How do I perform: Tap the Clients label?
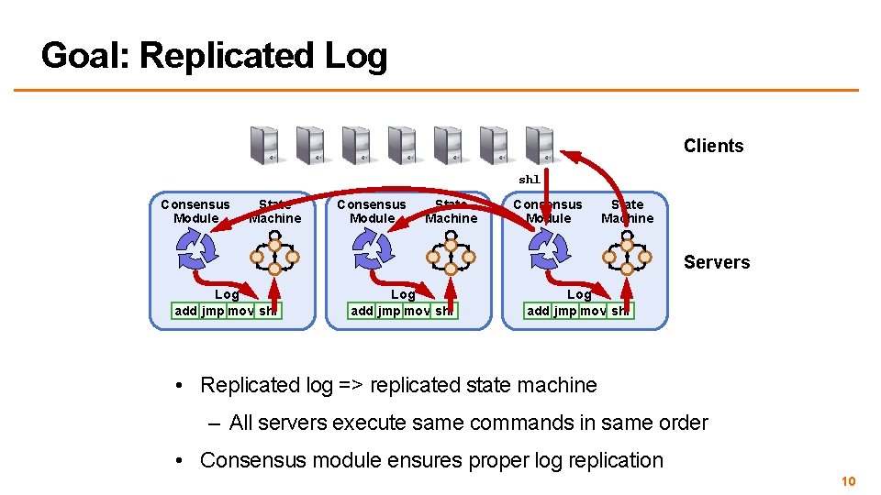click(713, 146)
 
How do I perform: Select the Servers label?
click(716, 262)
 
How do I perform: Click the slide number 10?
click(848, 481)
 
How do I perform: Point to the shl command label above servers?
click(530, 180)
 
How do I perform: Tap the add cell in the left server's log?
click(185, 311)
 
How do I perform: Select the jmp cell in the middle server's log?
click(388, 311)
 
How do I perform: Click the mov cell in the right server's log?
click(593, 311)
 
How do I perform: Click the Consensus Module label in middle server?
click(371, 211)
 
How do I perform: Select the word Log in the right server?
click(579, 294)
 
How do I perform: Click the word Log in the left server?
click(227, 294)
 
